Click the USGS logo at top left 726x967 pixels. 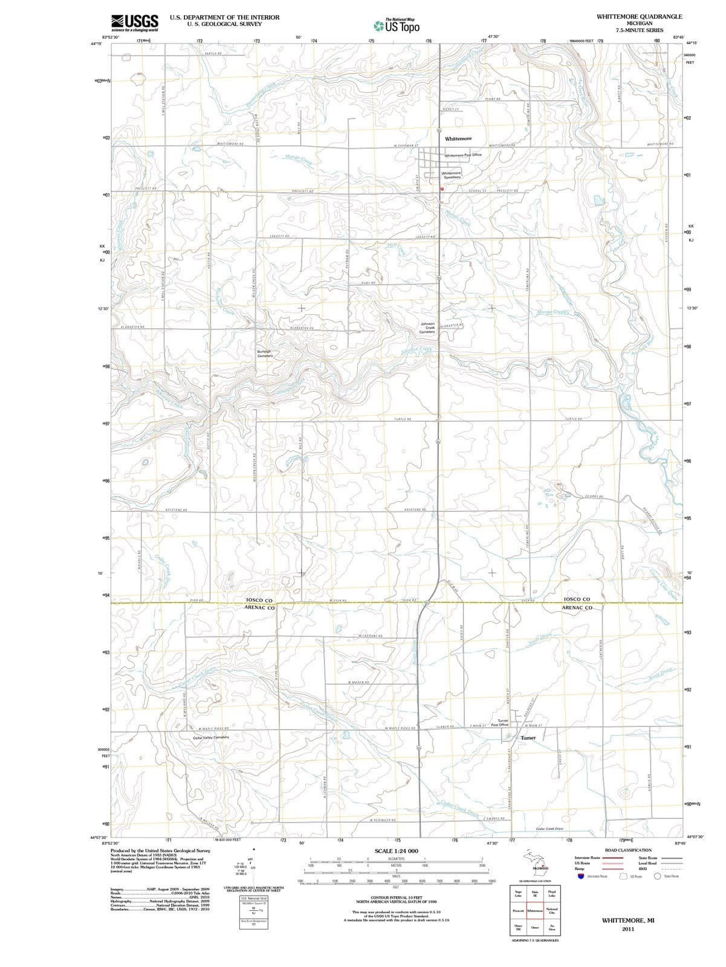[135, 22]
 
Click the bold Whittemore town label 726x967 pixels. [458, 139]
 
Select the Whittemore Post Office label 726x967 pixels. [463, 155]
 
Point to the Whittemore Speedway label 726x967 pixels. [451, 175]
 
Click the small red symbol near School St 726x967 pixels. [442, 189]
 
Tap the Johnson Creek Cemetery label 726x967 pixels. [427, 328]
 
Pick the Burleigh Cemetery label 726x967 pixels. [265, 354]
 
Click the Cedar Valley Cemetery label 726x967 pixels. [210, 737]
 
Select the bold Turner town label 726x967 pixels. [528, 738]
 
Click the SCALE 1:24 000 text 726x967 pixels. [396, 851]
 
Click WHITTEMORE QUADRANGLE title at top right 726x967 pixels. [639, 16]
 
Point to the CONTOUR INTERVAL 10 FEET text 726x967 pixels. [396, 897]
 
